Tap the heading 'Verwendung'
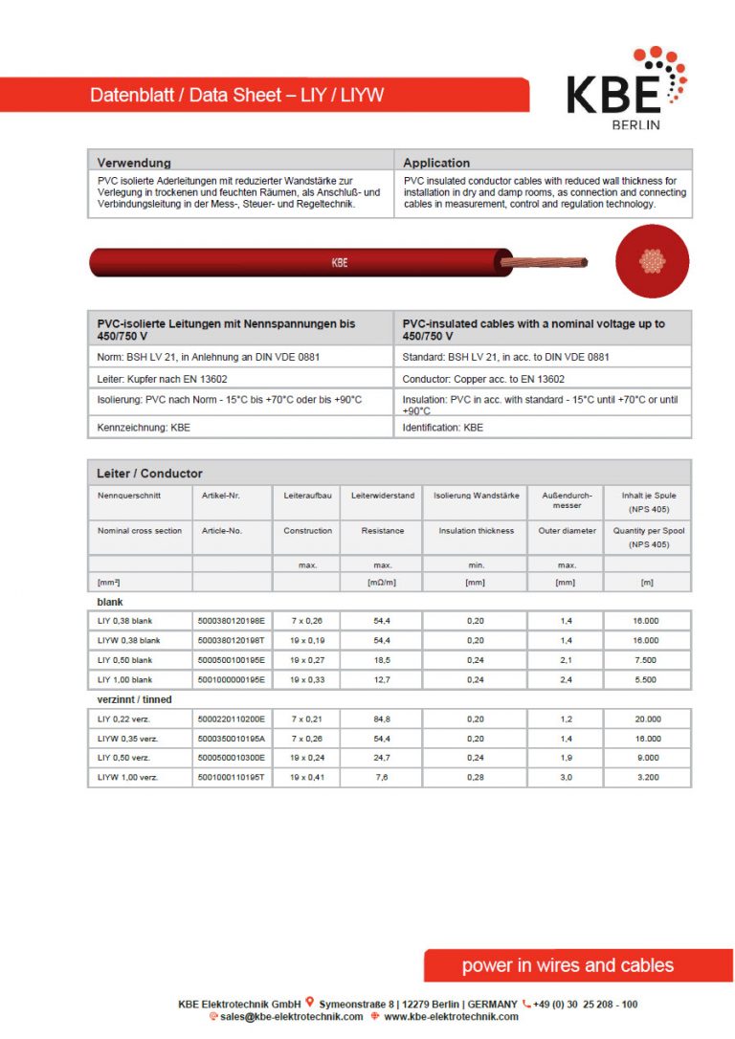pos(134,163)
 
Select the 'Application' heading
pos(436,163)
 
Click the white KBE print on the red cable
pos(340,262)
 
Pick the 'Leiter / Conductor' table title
pos(150,474)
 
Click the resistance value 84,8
pos(381,718)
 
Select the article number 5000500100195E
pos(232,660)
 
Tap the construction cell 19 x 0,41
pos(308,778)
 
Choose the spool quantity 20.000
pos(646,718)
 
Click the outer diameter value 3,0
pos(566,778)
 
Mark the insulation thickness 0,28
pos(476,778)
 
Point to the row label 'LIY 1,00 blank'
pos(125,680)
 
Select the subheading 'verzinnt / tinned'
pos(135,699)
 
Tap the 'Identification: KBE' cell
pos(443,428)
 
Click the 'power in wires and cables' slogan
pos(568,965)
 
